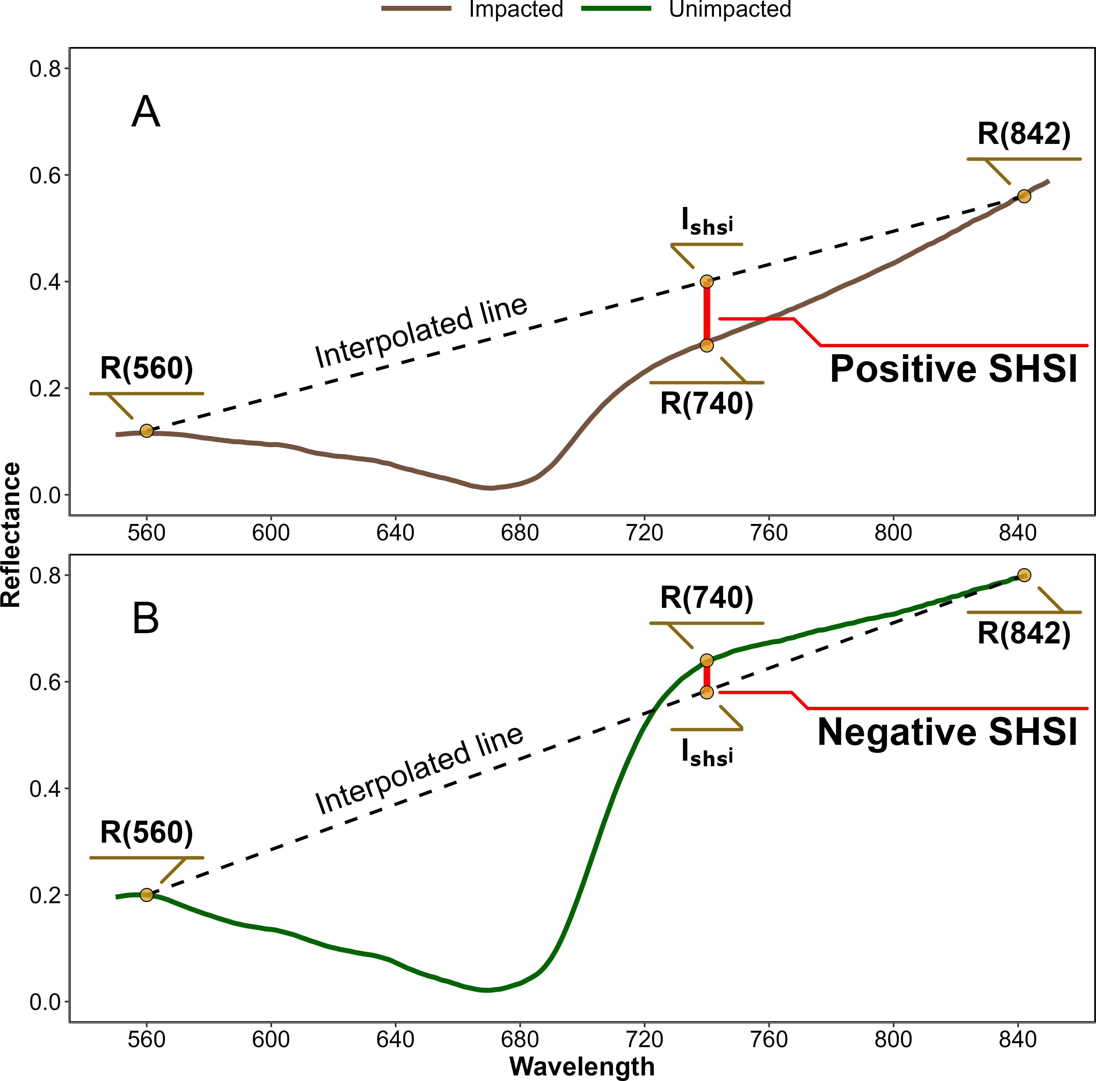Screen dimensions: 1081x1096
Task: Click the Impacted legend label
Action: click(x=516, y=9)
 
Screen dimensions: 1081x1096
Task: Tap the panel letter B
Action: click(x=146, y=618)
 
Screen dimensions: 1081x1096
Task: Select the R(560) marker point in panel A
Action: click(x=146, y=431)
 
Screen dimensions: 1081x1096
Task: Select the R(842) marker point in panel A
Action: click(x=1024, y=196)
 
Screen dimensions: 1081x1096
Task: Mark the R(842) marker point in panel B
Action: click(x=1024, y=575)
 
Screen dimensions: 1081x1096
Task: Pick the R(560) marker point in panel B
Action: click(x=146, y=895)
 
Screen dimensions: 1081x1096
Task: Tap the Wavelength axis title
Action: click(x=582, y=1066)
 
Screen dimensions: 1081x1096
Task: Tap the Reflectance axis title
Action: click(x=11, y=535)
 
